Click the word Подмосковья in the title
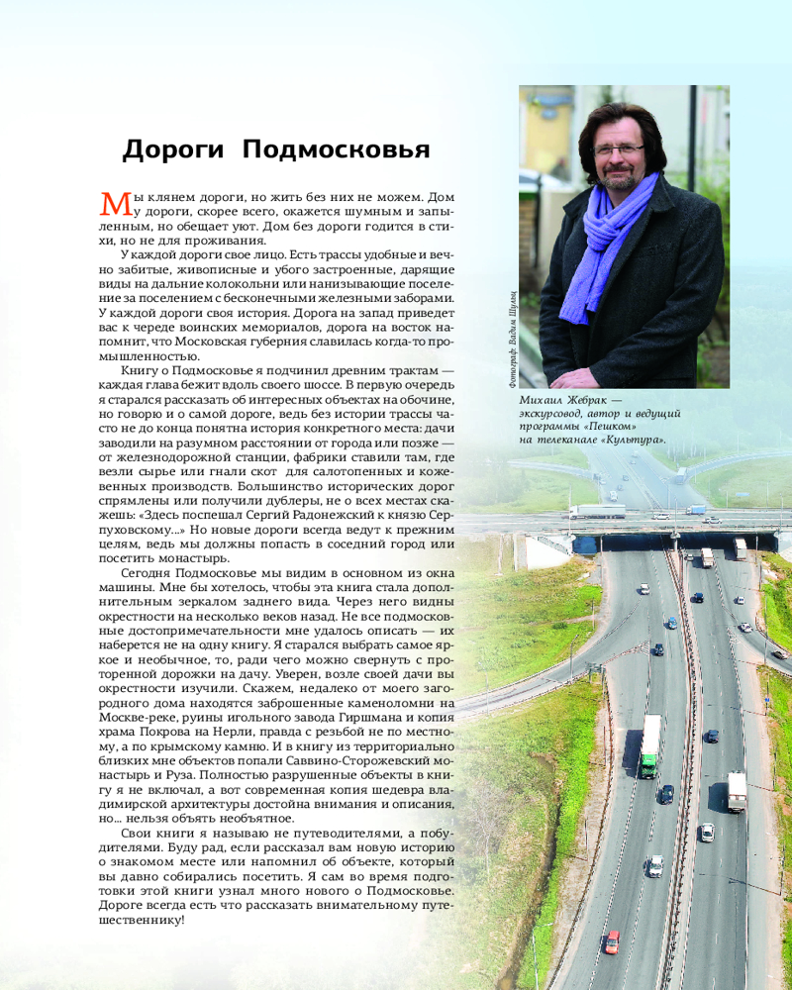[x=336, y=150]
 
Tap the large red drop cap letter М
[x=116, y=202]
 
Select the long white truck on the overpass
[x=597, y=512]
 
